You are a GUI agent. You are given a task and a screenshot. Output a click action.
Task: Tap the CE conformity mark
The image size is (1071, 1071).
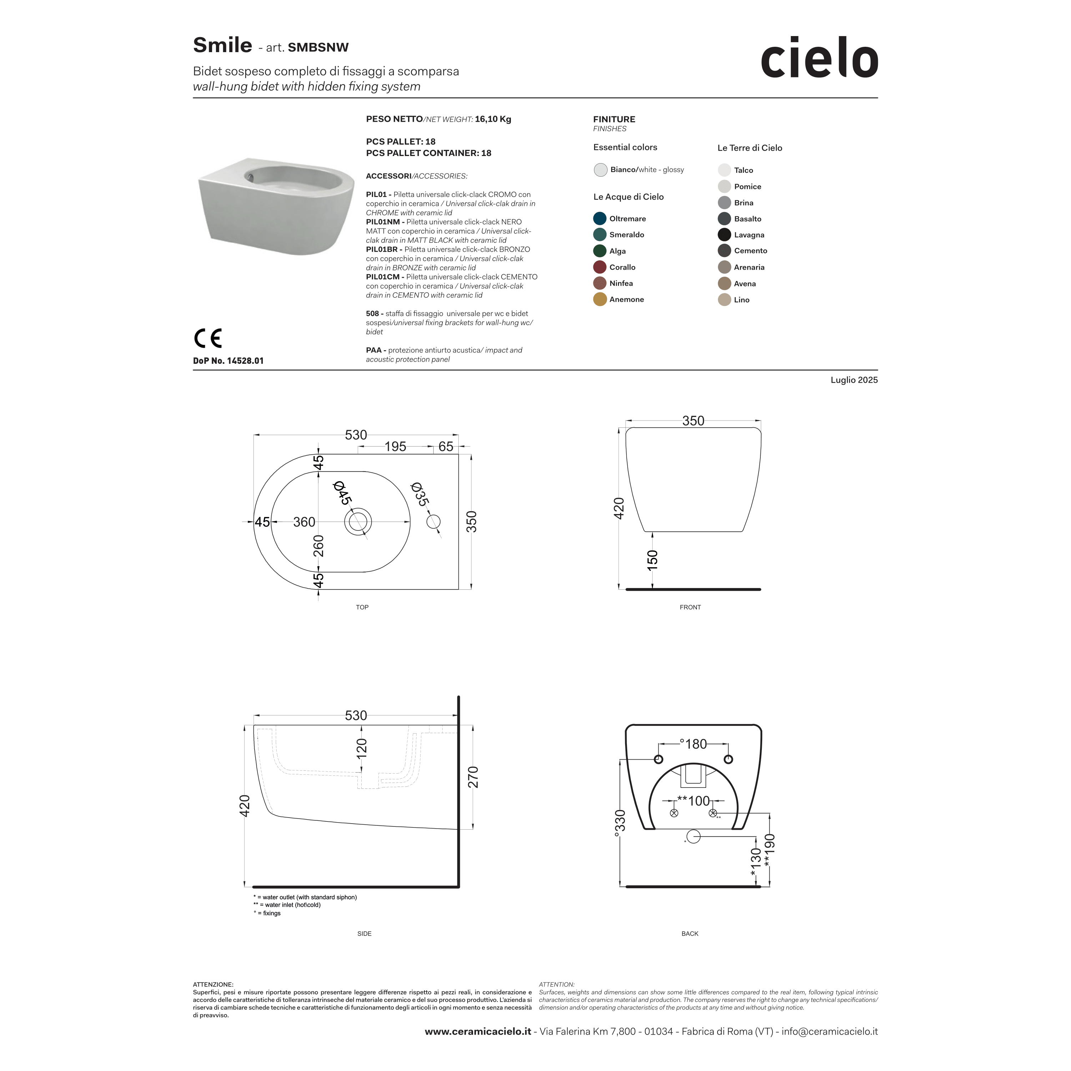point(208,338)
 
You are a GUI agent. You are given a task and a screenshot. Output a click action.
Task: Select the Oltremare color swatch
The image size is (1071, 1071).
point(599,218)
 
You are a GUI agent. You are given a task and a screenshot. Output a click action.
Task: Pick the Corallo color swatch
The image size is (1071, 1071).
point(599,267)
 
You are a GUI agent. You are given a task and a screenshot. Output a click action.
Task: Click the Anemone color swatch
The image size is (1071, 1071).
point(599,300)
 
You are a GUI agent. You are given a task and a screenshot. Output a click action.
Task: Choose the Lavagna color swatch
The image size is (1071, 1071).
point(724,235)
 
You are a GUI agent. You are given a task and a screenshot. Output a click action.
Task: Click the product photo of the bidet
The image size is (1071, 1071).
point(276,207)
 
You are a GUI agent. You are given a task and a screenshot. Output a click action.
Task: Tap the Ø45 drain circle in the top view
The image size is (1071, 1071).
point(358,522)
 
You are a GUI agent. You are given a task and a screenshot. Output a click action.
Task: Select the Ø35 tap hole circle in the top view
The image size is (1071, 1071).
point(433,522)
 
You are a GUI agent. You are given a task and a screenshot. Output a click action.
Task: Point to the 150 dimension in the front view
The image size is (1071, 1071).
point(653,559)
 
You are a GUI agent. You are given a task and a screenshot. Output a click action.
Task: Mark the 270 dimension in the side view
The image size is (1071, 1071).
point(473,777)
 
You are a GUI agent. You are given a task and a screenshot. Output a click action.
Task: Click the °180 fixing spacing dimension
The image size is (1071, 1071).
point(694,744)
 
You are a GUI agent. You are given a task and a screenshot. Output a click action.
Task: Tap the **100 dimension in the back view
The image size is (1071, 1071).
point(694,801)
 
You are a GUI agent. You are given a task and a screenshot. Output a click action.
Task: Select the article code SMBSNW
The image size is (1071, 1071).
point(318,48)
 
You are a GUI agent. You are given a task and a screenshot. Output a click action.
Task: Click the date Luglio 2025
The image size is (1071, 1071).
point(854,380)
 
